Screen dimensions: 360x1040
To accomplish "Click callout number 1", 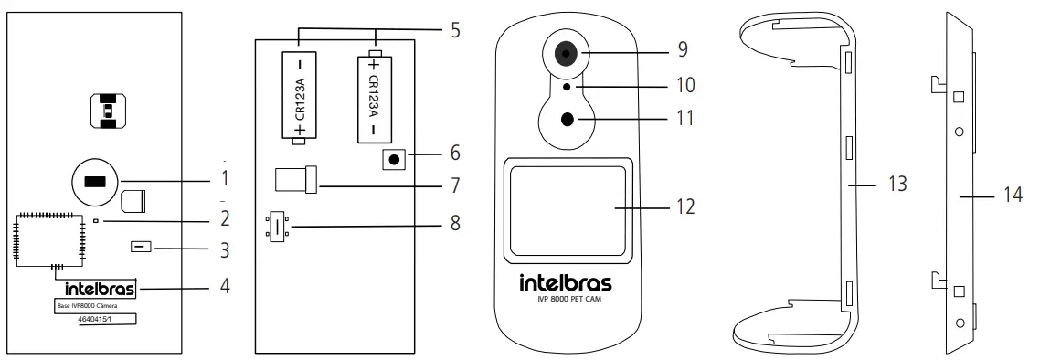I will [x=226, y=174].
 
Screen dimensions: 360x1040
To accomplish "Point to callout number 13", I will [x=897, y=184].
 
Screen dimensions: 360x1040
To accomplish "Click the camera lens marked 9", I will [x=567, y=55].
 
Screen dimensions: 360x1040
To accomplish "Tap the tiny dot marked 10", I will [x=568, y=86].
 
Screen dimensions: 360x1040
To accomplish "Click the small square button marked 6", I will [x=394, y=160].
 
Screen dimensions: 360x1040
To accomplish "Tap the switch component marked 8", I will [x=275, y=227].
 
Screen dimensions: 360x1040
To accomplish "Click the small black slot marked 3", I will [x=141, y=247].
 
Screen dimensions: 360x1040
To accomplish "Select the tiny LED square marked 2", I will [x=95, y=221].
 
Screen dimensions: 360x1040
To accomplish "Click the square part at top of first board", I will [x=108, y=111].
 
